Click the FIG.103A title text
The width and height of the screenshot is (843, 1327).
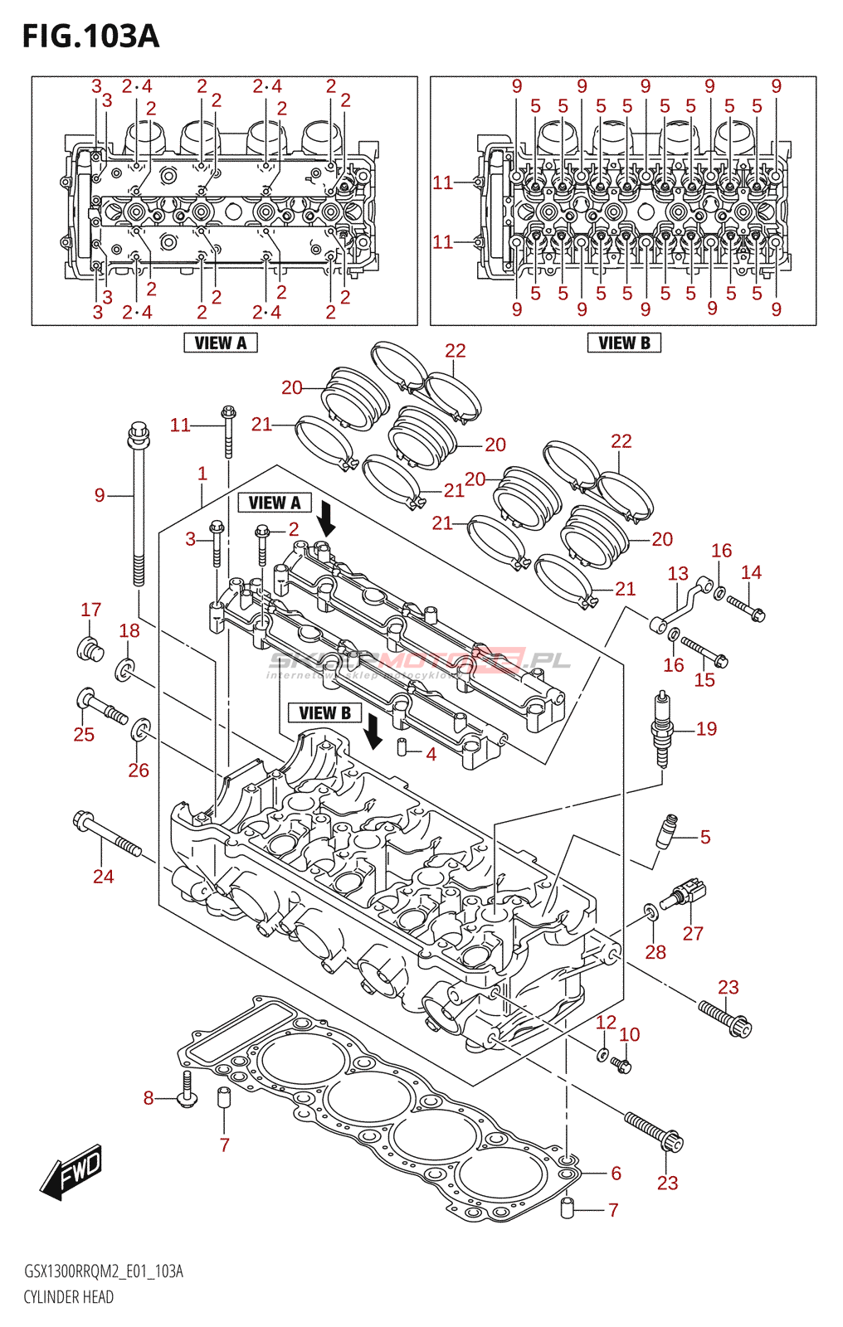tap(90, 36)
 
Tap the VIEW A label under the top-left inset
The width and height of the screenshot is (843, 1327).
tap(220, 343)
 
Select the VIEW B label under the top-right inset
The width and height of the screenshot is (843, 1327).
tap(624, 343)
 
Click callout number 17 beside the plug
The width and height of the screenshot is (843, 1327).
tap(91, 610)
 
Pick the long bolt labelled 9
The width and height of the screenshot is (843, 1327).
tap(138, 506)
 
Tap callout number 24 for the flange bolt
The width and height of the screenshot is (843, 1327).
tap(103, 877)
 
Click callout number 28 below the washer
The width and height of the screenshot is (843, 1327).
tap(655, 952)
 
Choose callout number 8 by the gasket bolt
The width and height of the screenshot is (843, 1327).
tap(149, 1098)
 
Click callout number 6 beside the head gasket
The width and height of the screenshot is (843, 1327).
tap(616, 1173)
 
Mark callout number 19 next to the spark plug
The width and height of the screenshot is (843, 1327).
tap(706, 729)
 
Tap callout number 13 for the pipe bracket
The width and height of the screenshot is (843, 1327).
tap(678, 573)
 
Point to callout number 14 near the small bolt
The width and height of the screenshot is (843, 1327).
tap(751, 572)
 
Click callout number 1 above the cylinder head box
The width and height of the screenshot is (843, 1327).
tap(202, 474)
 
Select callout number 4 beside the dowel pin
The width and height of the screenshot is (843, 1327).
tap(431, 754)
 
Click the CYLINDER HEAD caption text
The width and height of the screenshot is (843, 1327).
tap(68, 1297)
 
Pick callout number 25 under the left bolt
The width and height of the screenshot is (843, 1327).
tap(84, 734)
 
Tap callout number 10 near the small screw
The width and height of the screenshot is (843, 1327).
tap(630, 1034)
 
